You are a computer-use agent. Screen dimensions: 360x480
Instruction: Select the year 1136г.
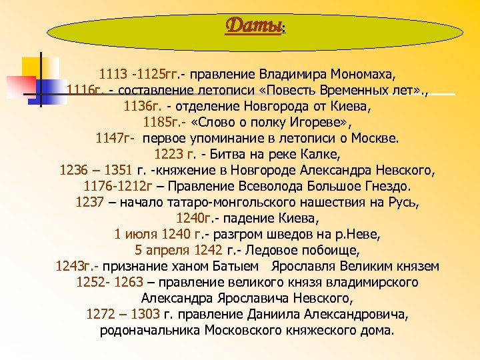pyautogui.click(x=142, y=105)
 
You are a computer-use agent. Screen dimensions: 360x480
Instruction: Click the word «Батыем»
pyautogui.click(x=241, y=266)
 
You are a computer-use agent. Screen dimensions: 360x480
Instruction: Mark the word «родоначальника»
pyautogui.click(x=150, y=330)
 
